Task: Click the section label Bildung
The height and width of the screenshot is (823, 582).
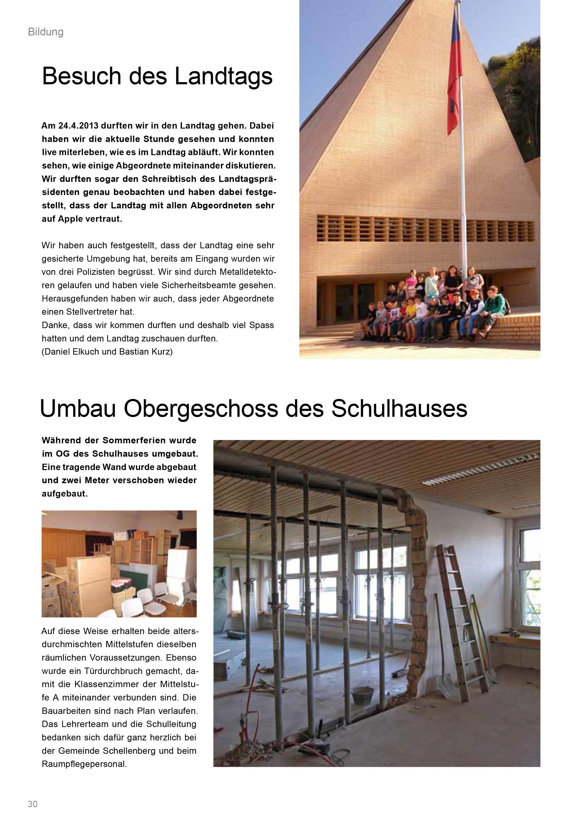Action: [45, 32]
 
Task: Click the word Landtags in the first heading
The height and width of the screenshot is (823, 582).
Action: [224, 76]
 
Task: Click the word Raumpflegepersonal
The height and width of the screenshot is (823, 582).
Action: [84, 764]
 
